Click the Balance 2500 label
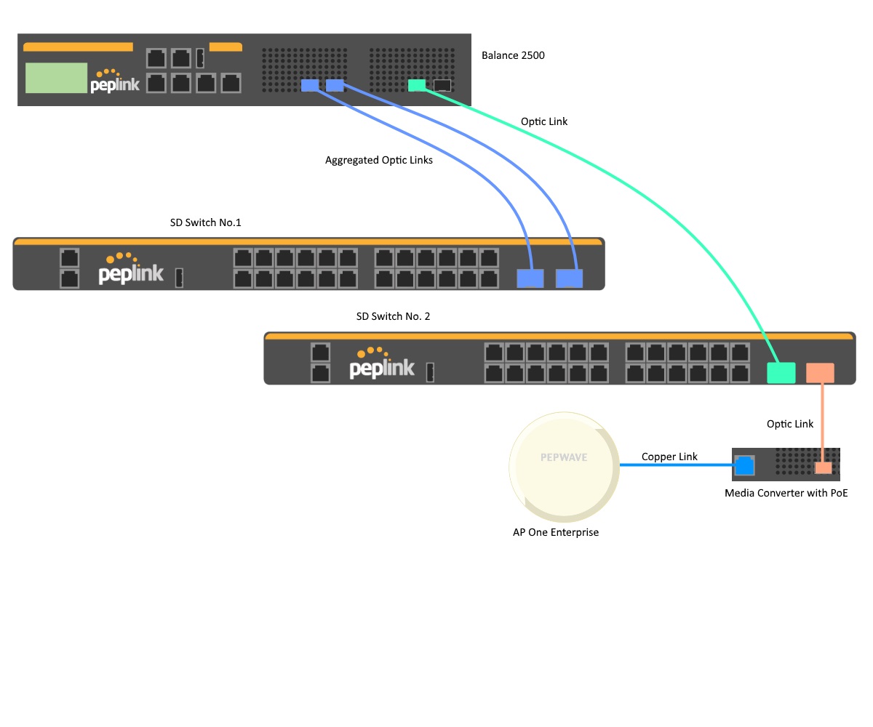[x=513, y=55]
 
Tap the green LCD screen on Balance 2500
[x=55, y=78]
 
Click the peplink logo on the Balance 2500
[x=115, y=83]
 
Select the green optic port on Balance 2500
[x=417, y=85]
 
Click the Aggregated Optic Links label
[x=378, y=160]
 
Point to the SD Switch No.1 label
[x=205, y=222]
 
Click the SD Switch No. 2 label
[x=393, y=316]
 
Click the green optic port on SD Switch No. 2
[x=781, y=372]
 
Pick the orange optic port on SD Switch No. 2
[x=820, y=372]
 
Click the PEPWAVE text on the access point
[x=564, y=458]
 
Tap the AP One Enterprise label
[x=556, y=532]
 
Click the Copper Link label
[x=669, y=457]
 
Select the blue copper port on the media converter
[x=744, y=465]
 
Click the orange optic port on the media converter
[x=823, y=467]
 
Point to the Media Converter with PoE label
[x=786, y=493]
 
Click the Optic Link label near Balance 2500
[x=544, y=121]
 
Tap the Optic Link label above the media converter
[x=790, y=424]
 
